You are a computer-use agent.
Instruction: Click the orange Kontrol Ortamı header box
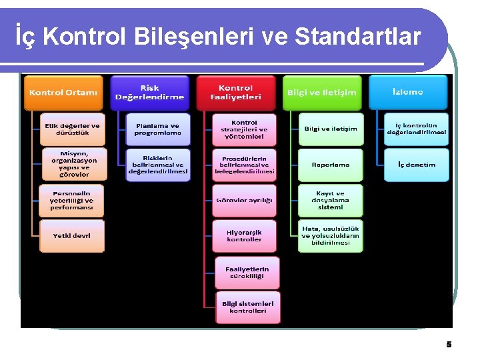(x=63, y=93)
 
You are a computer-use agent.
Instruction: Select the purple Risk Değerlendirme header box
(x=149, y=93)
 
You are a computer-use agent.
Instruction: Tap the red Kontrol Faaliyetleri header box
(x=235, y=93)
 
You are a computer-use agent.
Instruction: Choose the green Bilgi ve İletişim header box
(x=321, y=93)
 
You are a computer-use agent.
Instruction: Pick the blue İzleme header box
(x=407, y=92)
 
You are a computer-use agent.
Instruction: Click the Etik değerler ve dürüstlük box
(x=72, y=129)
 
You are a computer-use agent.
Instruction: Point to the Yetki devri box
(x=72, y=236)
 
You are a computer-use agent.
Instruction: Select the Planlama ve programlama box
(x=158, y=129)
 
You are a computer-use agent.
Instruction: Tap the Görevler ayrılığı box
(x=244, y=200)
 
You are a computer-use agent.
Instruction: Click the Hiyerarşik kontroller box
(x=244, y=236)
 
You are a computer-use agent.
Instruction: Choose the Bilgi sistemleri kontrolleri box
(x=247, y=307)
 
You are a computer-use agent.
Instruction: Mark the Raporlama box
(x=331, y=165)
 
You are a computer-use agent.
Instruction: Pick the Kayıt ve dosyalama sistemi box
(x=331, y=200)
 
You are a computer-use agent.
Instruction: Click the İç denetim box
(x=417, y=165)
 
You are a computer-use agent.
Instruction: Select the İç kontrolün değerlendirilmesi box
(x=417, y=129)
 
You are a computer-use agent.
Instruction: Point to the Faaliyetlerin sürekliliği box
(x=247, y=272)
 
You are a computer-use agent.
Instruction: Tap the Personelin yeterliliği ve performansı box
(x=72, y=200)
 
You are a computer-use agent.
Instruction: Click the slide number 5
(x=449, y=345)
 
